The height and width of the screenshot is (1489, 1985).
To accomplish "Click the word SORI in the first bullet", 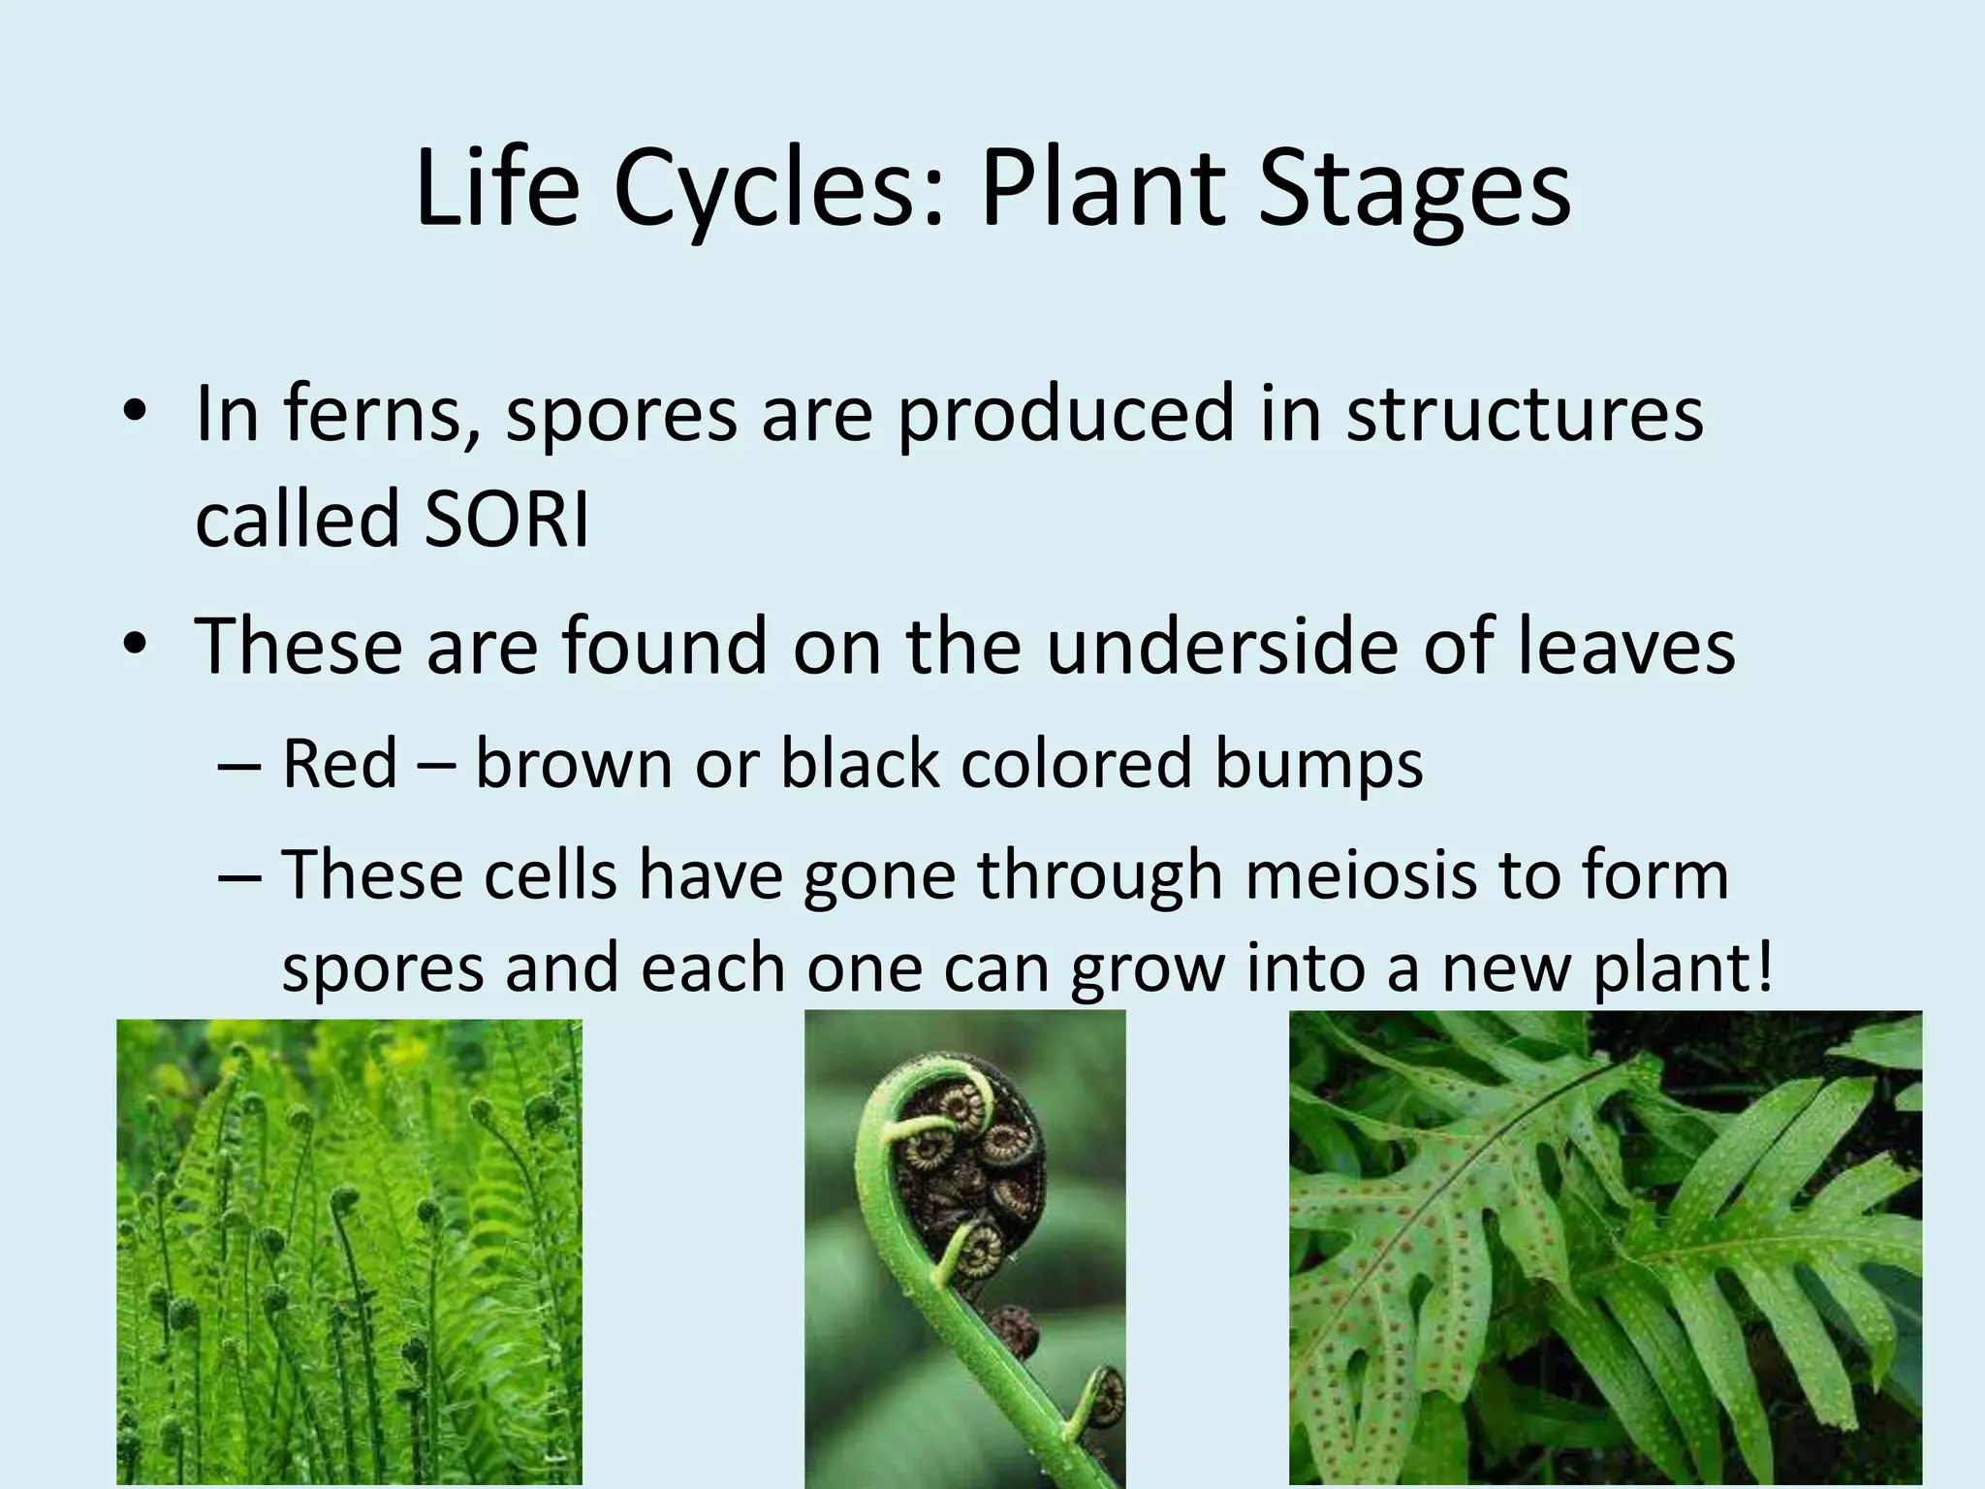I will (x=506, y=520).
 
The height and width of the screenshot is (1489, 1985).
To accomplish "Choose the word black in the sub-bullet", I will (x=859, y=762).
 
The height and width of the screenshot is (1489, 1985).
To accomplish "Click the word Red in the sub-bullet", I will (x=339, y=762).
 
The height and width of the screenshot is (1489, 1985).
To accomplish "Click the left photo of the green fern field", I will (x=349, y=1251).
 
